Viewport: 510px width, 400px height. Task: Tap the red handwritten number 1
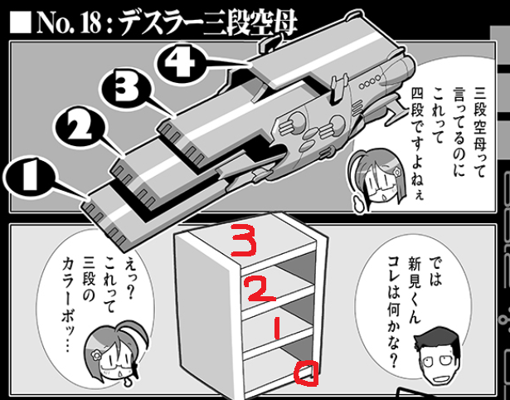coord(275,330)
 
